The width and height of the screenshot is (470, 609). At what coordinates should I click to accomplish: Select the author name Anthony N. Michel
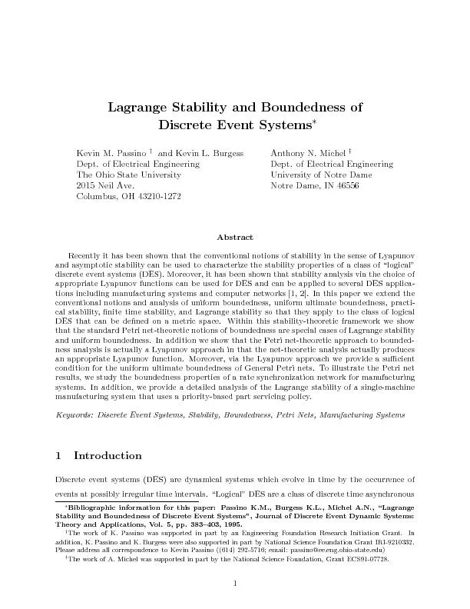tap(306, 153)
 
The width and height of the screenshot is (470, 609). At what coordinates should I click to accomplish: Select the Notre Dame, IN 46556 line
tap(314, 186)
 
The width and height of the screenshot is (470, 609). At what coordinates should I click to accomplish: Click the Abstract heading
tap(235, 237)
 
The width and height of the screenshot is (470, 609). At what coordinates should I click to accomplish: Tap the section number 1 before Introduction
tap(59, 455)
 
